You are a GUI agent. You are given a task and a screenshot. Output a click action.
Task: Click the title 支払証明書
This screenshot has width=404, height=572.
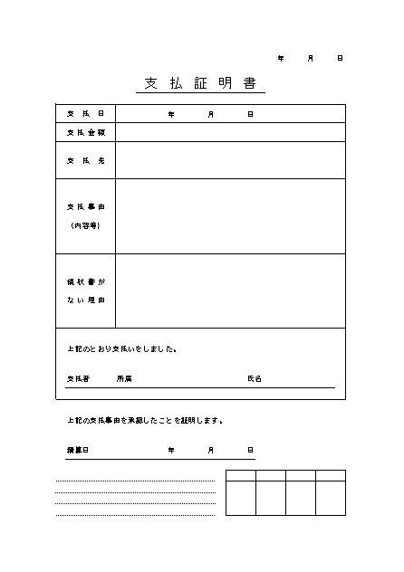[202, 83]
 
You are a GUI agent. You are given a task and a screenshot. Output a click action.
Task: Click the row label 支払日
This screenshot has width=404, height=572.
[85, 114]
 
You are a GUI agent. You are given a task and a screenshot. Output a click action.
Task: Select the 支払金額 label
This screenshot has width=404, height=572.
[85, 132]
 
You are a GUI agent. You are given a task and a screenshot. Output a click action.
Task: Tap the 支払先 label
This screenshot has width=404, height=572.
[85, 160]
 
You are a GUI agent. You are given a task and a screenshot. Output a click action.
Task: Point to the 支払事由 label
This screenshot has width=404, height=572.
[85, 206]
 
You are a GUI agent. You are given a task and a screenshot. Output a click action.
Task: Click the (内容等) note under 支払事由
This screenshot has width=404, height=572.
[85, 224]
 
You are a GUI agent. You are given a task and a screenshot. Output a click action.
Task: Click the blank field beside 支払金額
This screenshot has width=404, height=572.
[230, 132]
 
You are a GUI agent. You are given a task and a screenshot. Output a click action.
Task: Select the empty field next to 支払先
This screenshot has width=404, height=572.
[230, 160]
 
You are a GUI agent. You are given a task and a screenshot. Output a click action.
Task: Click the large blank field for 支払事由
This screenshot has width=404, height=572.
[230, 215]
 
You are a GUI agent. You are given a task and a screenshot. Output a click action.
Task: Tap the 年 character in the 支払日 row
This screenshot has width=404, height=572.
[171, 114]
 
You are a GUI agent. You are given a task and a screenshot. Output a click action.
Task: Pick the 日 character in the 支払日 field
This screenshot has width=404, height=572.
[250, 114]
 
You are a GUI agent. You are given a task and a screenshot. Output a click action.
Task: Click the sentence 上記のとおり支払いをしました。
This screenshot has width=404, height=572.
[121, 348]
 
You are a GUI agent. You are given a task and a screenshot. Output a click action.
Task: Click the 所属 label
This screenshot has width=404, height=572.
[124, 378]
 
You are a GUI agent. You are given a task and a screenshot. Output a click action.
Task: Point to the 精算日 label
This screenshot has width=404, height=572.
[78, 450]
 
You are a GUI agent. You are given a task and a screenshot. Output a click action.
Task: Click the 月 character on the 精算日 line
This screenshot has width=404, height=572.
[211, 450]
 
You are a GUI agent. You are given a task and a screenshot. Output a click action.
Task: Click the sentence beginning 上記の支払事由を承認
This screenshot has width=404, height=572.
[145, 421]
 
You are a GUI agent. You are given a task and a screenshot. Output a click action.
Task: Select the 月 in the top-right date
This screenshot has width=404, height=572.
[311, 58]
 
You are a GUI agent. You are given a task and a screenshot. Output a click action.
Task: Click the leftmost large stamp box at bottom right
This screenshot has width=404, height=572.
[240, 498]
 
